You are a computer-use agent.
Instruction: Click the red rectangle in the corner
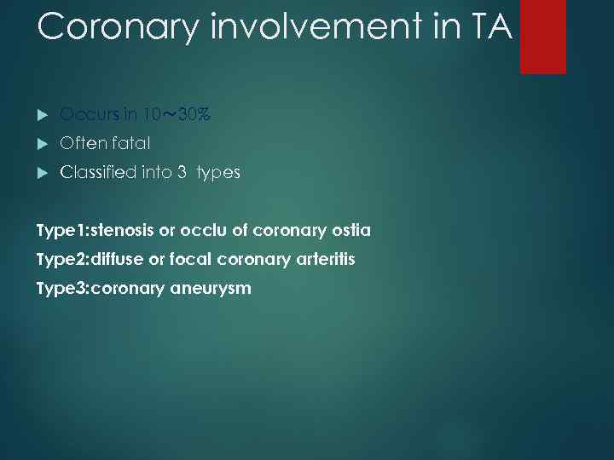[543, 36]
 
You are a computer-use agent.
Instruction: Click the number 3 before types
[182, 173]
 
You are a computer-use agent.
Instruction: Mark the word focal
[190, 259]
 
